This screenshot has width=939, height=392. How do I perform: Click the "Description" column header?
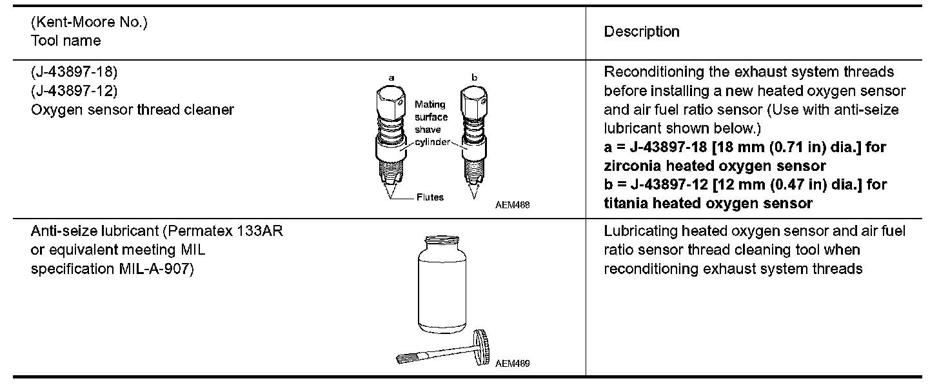click(641, 32)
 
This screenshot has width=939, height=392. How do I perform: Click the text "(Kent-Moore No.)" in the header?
click(89, 23)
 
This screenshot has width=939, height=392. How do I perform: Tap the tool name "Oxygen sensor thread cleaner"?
click(132, 110)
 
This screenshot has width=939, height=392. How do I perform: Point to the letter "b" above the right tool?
click(474, 77)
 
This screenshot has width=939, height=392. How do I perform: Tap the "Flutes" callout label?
click(430, 197)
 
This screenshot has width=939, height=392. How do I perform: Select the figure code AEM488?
click(517, 204)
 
